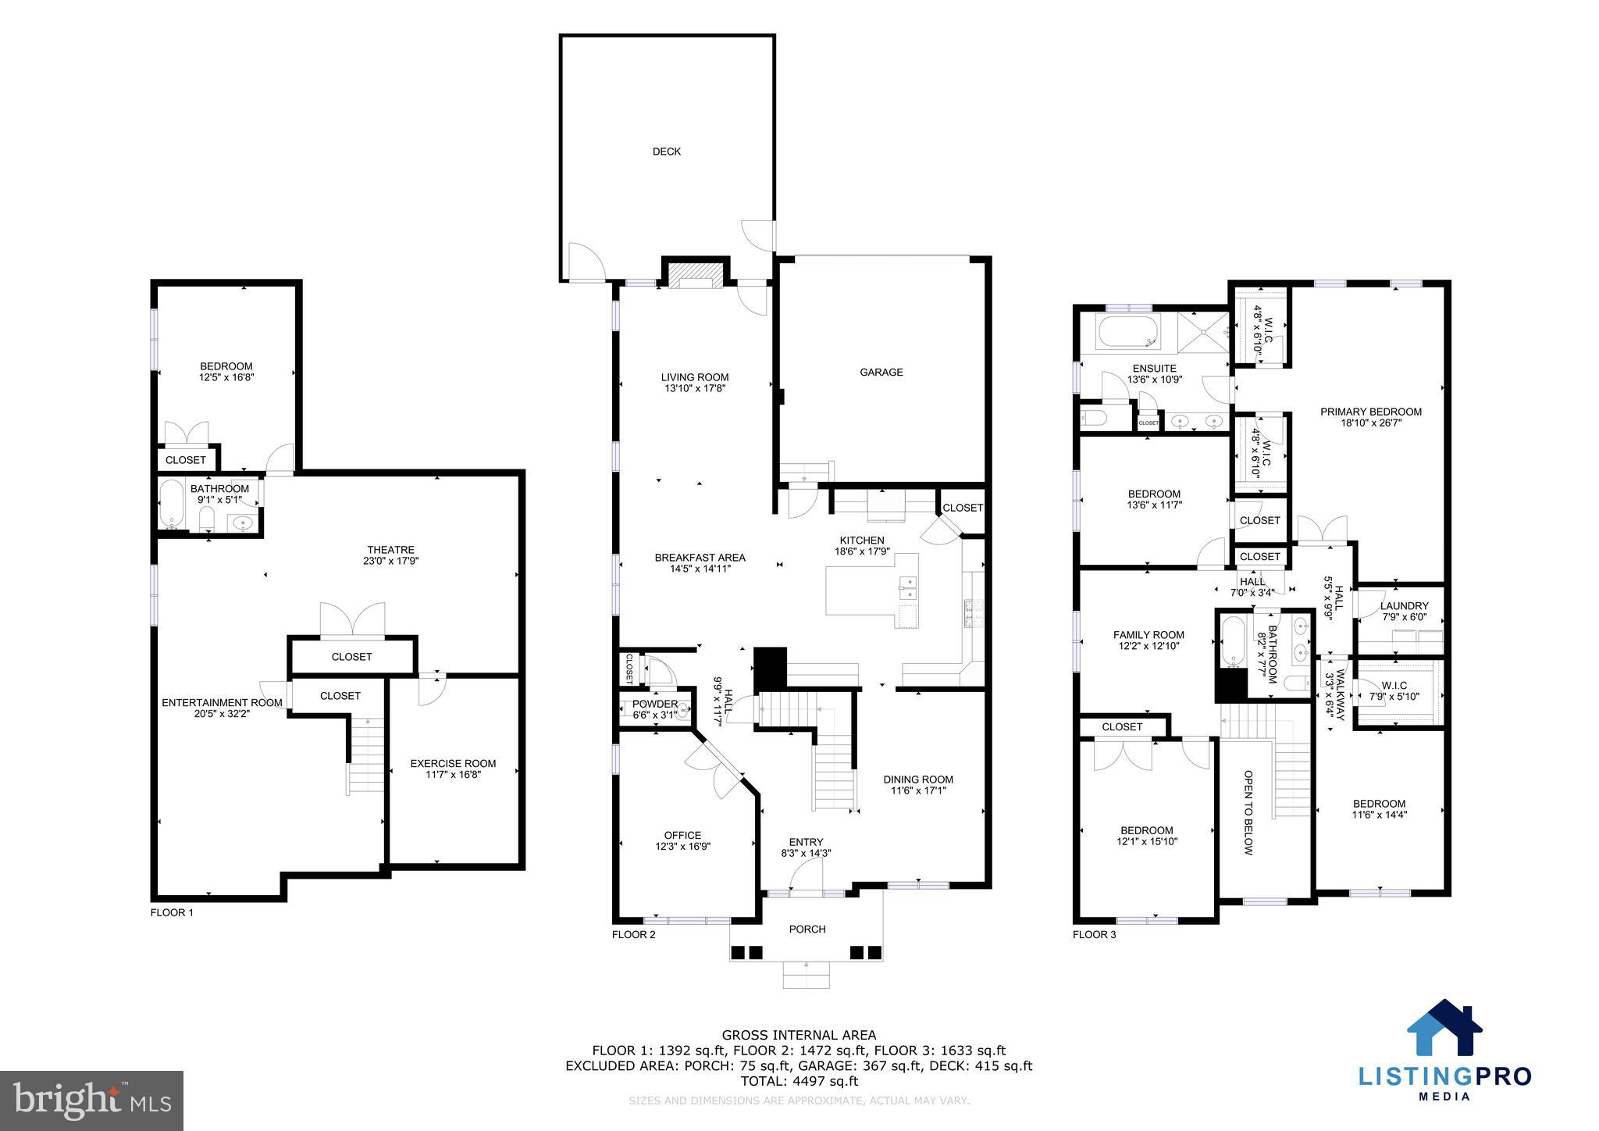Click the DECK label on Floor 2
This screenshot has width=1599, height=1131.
coord(666,152)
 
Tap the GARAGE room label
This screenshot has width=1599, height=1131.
coord(881,373)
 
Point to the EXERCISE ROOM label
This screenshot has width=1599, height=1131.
coord(453,763)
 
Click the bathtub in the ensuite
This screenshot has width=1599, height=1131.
coord(1125,332)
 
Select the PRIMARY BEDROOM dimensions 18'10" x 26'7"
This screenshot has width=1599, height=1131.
coord(1370,423)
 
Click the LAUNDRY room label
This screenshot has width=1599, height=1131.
coord(1404,605)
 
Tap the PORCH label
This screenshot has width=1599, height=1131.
coord(807,929)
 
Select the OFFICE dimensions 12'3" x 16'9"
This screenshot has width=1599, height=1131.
coord(682,846)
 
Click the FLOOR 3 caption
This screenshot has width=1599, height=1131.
coord(1094,934)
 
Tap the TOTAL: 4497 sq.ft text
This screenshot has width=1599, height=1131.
coord(799,1081)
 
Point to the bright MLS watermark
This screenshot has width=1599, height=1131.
coord(91,1101)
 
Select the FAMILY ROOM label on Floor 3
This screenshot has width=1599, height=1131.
coord(1148,635)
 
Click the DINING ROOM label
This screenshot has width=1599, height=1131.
coord(917,779)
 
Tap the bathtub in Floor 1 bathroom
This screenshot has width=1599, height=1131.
coord(170,504)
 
